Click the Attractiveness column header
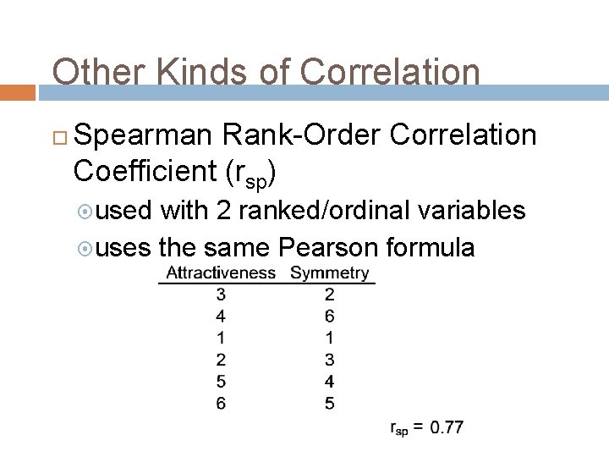221,273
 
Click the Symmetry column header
329,273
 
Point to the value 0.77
446,427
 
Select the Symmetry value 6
329,317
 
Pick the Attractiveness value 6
221,404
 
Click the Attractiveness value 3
221,295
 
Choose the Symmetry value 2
329,295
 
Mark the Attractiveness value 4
221,317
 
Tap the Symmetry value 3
329,361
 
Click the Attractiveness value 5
221,382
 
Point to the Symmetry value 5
329,404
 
